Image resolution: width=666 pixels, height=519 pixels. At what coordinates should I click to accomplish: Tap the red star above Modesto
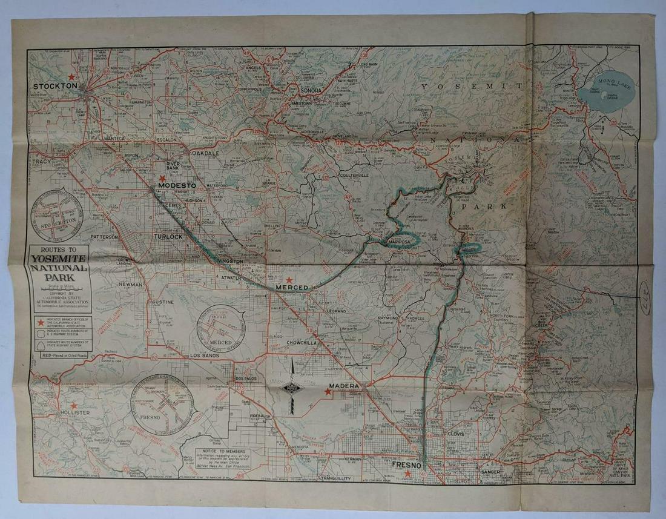(x=162, y=178)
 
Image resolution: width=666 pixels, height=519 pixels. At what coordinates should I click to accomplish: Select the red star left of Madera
(x=328, y=392)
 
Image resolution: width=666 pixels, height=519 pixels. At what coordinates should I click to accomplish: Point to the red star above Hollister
(x=74, y=406)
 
